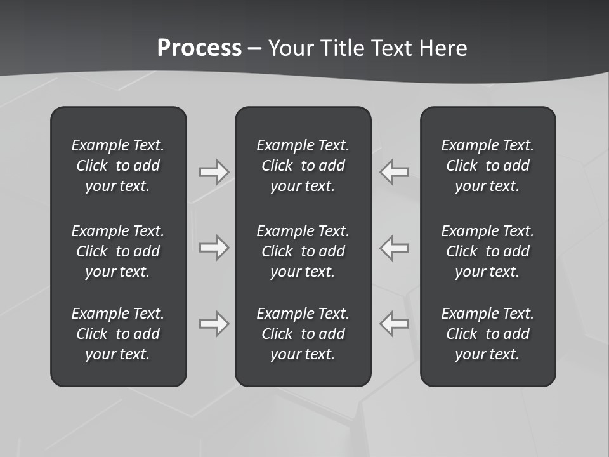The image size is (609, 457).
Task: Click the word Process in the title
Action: point(199,48)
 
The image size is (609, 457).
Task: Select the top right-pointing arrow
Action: point(214,172)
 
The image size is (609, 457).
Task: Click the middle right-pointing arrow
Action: point(214,248)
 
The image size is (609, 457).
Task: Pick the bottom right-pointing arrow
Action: point(214,324)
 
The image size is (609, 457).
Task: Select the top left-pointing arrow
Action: point(395,172)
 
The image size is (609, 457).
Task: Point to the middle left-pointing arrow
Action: point(395,248)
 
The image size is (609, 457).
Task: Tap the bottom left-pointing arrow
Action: point(395,324)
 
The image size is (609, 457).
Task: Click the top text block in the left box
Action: point(118,166)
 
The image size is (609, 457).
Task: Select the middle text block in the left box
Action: point(118,251)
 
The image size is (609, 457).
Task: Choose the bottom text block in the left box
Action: point(118,334)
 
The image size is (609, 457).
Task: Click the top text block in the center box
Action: point(303,166)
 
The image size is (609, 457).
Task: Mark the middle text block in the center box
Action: point(303,251)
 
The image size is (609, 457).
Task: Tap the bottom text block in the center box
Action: point(303,334)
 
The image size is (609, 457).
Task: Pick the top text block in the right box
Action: point(487,166)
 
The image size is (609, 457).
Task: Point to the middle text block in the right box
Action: point(487,251)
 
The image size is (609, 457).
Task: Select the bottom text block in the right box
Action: point(487,334)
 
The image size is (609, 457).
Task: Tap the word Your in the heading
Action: point(293,48)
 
